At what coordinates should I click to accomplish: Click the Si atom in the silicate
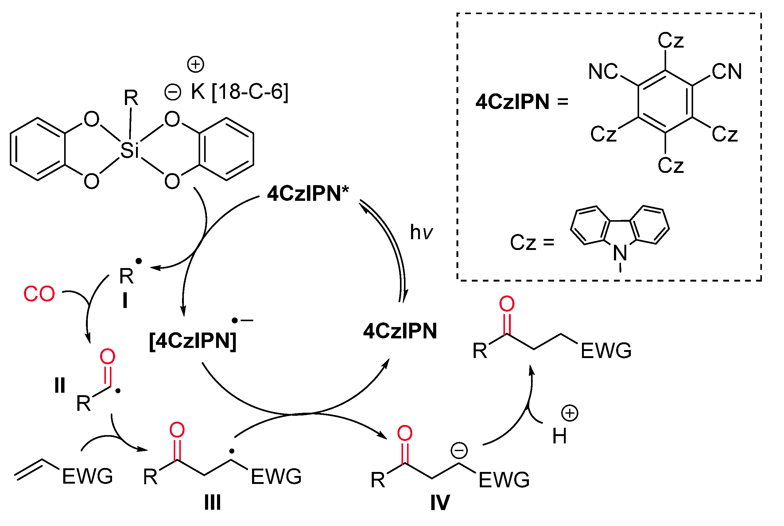[x=129, y=150]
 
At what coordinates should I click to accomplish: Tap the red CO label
[x=39, y=294]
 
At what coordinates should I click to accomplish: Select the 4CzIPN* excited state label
[x=308, y=193]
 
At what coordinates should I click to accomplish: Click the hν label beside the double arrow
[x=421, y=232]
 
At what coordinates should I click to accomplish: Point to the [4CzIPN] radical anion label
[x=193, y=341]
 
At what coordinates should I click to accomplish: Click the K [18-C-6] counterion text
[x=239, y=91]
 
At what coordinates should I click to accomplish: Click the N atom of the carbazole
[x=620, y=253]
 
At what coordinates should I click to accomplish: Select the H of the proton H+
[x=559, y=436]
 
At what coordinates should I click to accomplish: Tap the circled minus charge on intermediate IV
[x=459, y=450]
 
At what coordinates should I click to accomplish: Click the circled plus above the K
[x=196, y=64]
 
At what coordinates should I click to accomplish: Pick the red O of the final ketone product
[x=506, y=304]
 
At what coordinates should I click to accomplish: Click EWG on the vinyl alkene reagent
[x=87, y=476]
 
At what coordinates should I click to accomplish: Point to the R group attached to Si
[x=131, y=98]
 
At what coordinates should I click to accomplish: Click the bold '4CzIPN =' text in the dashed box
[x=522, y=102]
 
